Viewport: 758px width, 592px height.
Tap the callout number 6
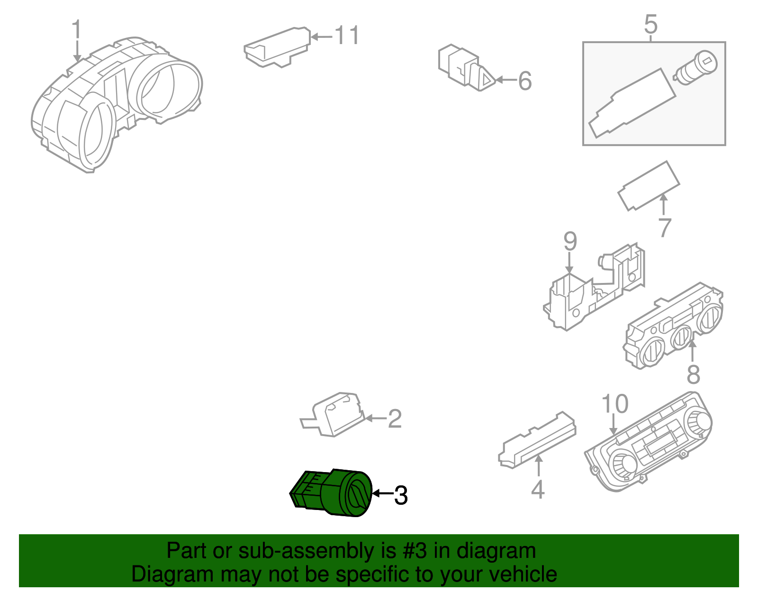525,81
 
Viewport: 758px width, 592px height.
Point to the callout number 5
651,24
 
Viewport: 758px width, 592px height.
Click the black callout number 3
401,495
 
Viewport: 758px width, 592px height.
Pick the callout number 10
615,404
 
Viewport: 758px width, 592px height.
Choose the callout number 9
570,241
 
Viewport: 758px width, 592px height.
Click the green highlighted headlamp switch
331,493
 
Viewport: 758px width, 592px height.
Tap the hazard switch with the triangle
467,68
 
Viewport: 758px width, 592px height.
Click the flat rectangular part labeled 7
649,186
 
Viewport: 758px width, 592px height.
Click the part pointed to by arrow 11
277,47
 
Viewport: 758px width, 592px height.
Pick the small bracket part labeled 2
333,415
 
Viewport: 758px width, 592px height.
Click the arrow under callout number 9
569,263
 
